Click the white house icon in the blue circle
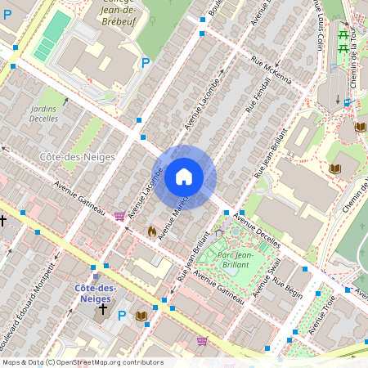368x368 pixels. coord(184,176)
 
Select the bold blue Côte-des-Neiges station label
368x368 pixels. coord(94,294)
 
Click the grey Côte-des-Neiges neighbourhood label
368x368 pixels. coord(66,156)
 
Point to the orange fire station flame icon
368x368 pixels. coord(151,231)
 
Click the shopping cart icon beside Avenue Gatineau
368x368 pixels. coord(120,216)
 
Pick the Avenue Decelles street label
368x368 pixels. coord(256,231)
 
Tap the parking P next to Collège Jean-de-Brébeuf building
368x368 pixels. coord(146,62)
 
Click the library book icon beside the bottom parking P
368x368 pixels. coord(141,316)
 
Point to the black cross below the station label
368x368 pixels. coord(102,309)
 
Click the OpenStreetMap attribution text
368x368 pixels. coord(82,362)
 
